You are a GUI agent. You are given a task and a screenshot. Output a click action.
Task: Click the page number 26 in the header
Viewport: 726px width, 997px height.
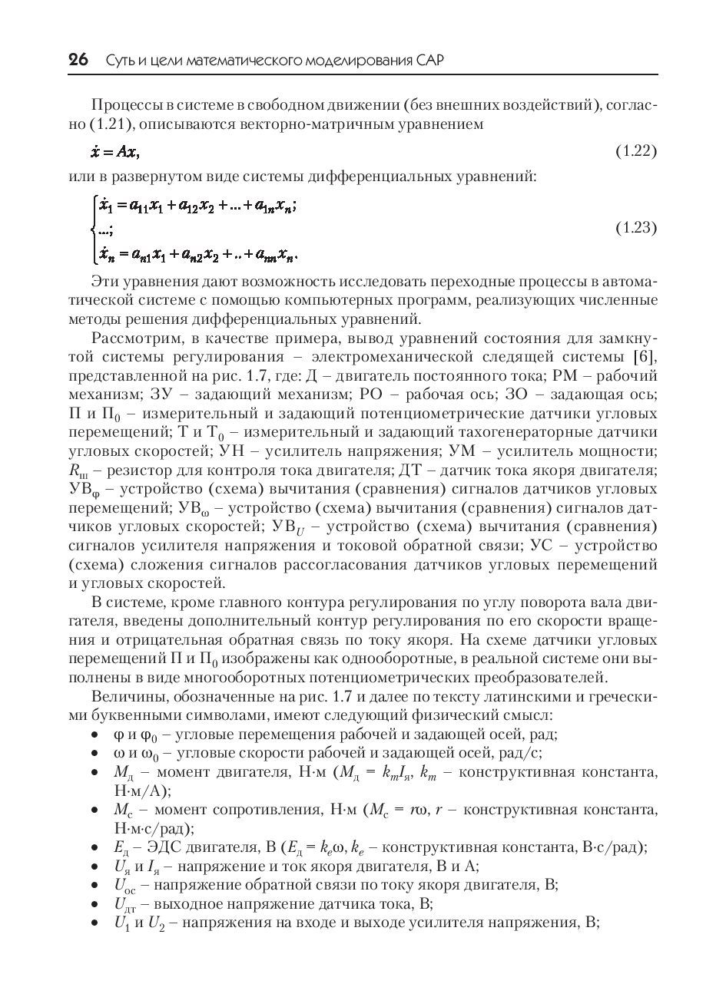point(79,60)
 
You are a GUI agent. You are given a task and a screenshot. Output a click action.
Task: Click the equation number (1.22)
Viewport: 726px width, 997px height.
point(636,150)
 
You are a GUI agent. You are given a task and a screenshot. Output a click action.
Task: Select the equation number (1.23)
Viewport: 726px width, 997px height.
point(636,228)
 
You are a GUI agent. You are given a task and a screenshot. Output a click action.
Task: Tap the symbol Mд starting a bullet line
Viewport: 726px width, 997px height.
point(124,772)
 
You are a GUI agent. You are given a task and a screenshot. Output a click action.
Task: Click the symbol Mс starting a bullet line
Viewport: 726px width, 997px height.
point(123,810)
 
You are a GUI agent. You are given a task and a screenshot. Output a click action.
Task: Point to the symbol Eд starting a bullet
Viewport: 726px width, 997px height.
point(122,848)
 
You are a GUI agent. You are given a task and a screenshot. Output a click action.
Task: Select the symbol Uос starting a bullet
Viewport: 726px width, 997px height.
point(124,886)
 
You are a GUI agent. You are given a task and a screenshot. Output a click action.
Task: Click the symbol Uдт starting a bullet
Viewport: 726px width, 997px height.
point(124,904)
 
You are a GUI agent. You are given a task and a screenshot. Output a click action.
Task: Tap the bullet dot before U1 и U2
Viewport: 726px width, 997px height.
point(94,923)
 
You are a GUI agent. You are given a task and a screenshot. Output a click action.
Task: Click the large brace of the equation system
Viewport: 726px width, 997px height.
point(94,227)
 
